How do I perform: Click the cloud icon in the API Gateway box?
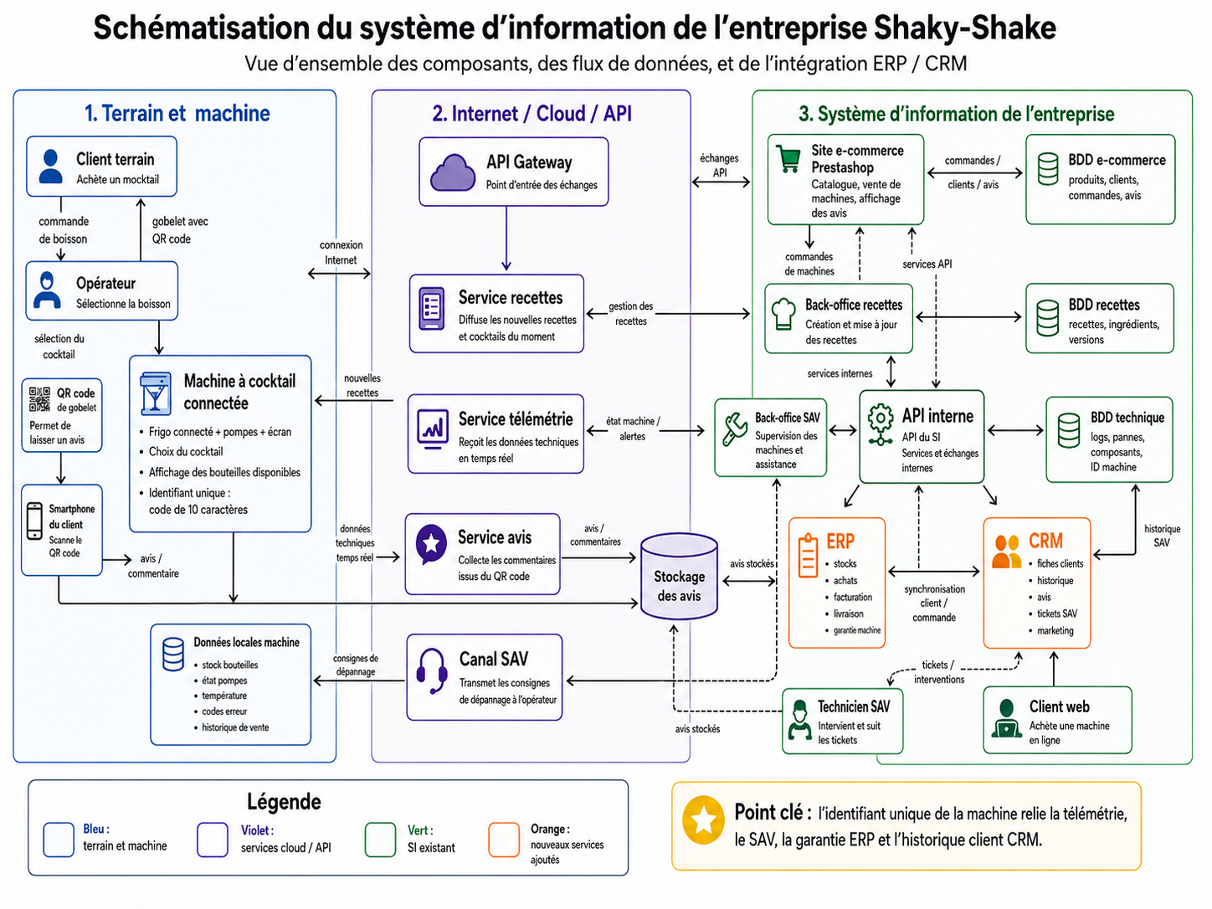pos(452,172)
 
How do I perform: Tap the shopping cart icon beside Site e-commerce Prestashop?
pos(788,159)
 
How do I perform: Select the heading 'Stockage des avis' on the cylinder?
pos(679,586)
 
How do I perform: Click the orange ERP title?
pos(840,541)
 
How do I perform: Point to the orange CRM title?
pos(1045,541)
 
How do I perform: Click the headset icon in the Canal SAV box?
pos(431,670)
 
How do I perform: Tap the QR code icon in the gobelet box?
pos(39,399)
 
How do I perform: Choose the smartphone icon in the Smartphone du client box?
pos(35,521)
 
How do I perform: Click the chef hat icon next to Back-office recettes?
pos(783,314)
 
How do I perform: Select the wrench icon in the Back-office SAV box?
pos(735,429)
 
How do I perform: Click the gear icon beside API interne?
pos(881,424)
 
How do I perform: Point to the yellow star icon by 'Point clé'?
pos(703,820)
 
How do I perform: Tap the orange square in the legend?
pos(504,840)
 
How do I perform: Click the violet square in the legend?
pos(213,840)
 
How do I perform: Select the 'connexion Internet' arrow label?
pos(341,252)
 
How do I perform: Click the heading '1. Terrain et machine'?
pos(177,113)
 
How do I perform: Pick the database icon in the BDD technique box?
pos(1068,430)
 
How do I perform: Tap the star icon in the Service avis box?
pos(431,543)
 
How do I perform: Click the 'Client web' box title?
pos(1059,706)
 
